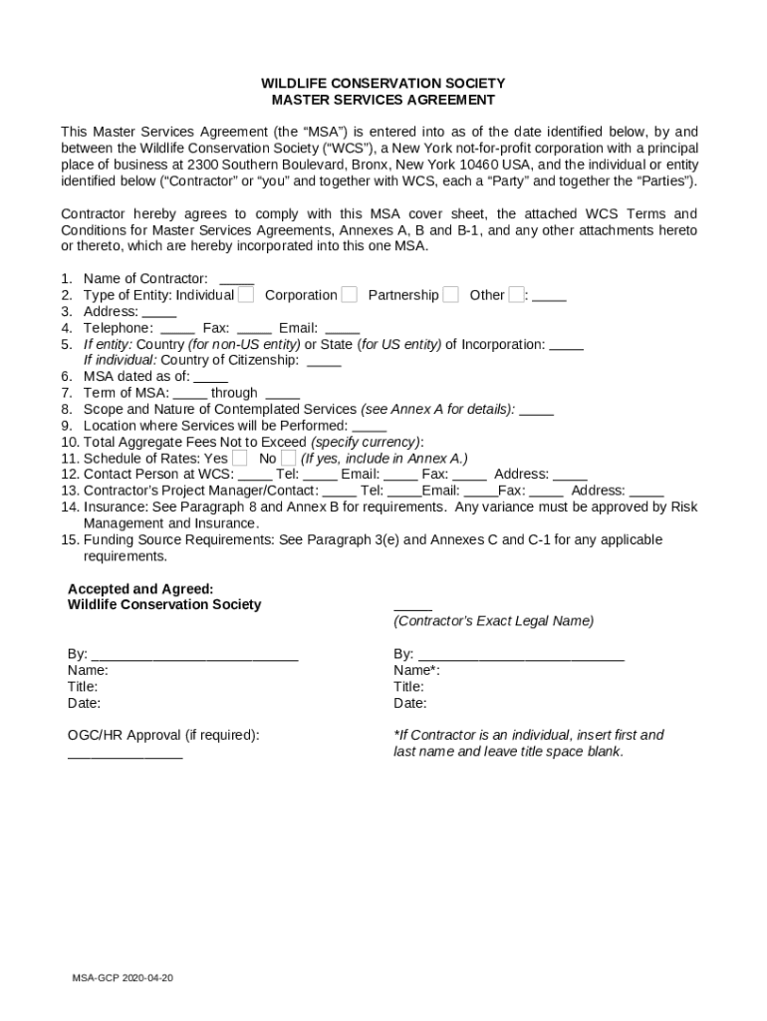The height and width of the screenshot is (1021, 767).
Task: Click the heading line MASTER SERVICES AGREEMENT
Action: (x=383, y=100)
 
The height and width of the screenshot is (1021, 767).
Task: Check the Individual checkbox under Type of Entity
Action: (x=245, y=294)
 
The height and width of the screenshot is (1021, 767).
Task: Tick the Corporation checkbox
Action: (x=349, y=294)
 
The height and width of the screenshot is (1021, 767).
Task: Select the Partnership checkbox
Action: (x=450, y=294)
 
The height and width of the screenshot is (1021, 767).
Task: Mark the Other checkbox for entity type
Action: (x=516, y=294)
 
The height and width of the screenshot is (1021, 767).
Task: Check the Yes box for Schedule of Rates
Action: (x=239, y=458)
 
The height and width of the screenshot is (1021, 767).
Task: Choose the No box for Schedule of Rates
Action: (x=288, y=458)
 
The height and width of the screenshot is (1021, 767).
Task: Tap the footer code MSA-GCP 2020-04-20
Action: (x=122, y=978)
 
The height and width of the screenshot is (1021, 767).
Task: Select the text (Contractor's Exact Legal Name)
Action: (x=493, y=621)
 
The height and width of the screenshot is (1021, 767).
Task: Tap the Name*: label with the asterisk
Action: (x=416, y=671)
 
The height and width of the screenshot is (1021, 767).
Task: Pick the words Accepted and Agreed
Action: (x=139, y=588)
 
